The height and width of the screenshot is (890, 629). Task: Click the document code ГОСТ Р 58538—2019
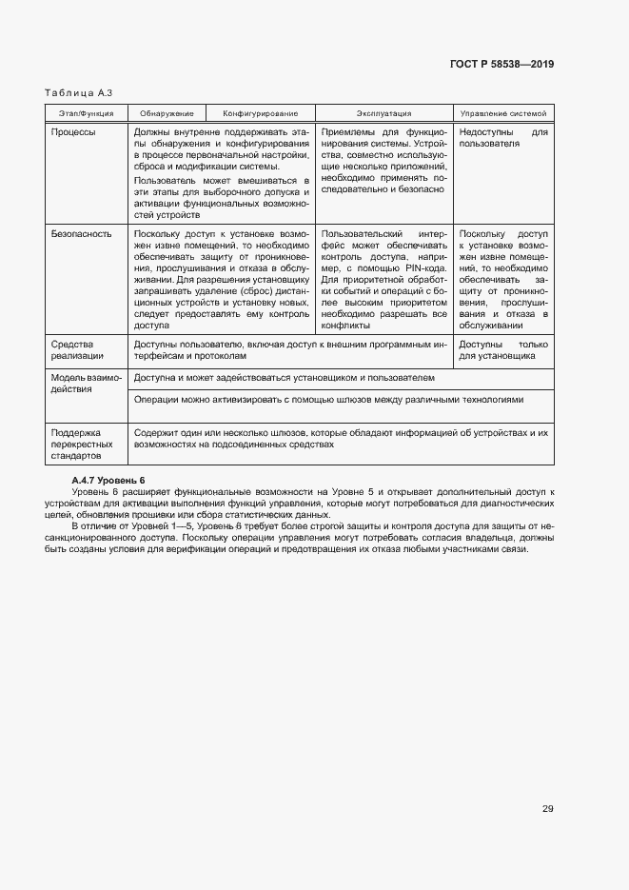pos(501,65)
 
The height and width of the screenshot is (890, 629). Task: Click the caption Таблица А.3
pos(79,93)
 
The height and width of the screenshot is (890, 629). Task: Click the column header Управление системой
pos(503,113)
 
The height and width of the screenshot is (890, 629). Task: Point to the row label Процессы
pos(73,132)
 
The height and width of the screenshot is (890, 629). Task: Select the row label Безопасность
pos(81,233)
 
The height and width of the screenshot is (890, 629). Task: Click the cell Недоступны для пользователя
pos(503,138)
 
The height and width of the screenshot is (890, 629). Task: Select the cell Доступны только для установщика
pos(503,349)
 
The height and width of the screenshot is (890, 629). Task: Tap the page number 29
pos(547,809)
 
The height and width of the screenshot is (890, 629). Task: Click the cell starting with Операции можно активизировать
pos(329,400)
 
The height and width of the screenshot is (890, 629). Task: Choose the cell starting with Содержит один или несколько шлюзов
pos(341,438)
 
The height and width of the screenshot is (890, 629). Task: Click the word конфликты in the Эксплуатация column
pos(344,326)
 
